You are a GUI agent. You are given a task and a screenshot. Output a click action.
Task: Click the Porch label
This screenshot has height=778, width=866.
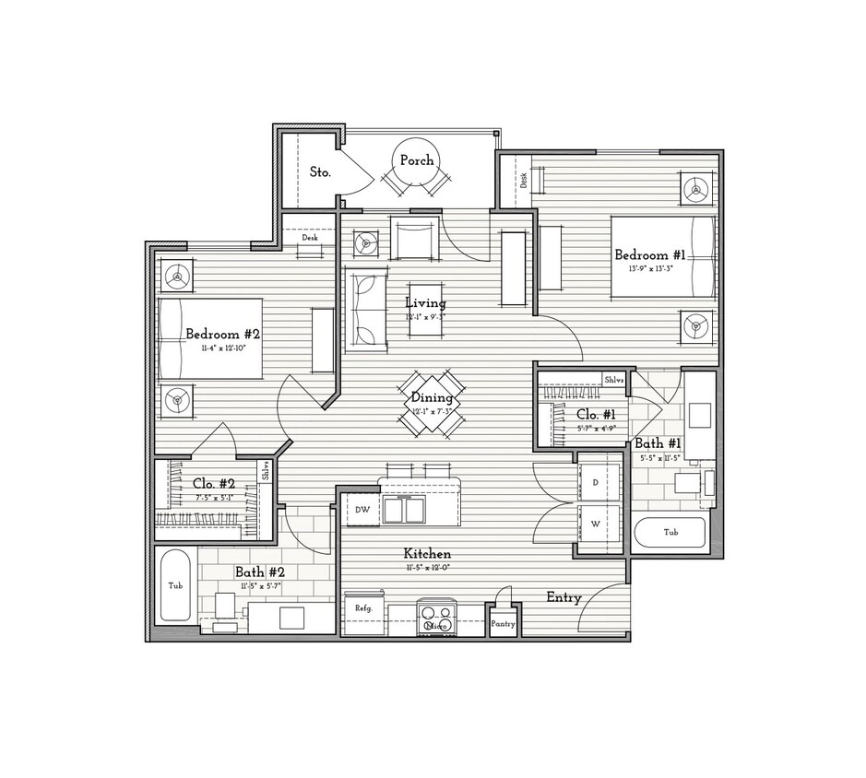[417, 160]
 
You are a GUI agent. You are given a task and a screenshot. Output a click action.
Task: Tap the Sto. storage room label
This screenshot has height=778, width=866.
[320, 171]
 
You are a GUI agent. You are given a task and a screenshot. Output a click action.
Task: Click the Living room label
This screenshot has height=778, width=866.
[425, 302]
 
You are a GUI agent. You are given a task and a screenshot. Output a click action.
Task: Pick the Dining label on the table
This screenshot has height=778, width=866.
[432, 398]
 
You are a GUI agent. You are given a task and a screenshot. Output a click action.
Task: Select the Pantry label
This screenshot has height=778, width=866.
[503, 624]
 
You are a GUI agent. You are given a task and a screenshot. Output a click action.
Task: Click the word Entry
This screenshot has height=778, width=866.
[563, 597]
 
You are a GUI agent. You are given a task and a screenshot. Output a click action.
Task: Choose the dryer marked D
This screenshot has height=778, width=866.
[595, 482]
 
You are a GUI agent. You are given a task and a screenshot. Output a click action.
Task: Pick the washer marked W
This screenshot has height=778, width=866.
[595, 525]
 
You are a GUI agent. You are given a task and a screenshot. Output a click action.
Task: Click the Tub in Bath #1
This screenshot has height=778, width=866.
[670, 533]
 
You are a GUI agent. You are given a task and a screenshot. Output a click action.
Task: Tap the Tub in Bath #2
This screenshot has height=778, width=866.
[174, 585]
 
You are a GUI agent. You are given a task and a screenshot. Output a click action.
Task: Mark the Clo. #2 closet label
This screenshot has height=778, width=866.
[214, 483]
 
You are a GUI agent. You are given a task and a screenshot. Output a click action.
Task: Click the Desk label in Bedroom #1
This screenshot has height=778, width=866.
[524, 181]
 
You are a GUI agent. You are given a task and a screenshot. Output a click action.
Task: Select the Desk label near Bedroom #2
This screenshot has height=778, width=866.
[309, 238]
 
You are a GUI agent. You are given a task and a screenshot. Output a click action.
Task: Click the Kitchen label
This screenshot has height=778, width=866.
[427, 554]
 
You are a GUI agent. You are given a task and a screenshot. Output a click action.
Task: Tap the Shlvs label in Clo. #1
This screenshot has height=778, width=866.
[614, 379]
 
